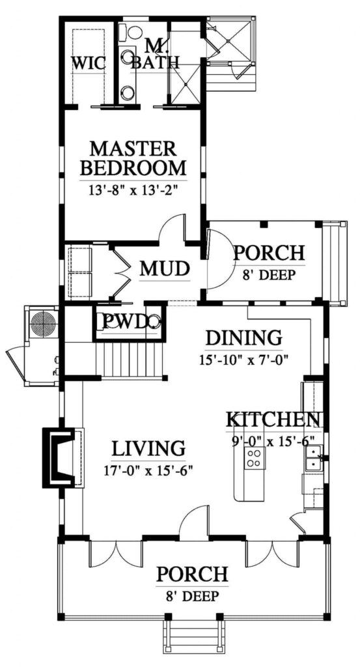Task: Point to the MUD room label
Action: pos(165,268)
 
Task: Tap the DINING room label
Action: pos(243,338)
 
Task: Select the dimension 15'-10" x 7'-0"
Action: pos(243,359)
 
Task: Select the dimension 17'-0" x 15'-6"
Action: pos(148,469)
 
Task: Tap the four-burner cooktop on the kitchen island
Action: pos(253,459)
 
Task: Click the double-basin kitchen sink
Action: pos(312,457)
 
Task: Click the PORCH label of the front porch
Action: pos(192,575)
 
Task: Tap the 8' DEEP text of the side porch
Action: pos(268,275)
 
